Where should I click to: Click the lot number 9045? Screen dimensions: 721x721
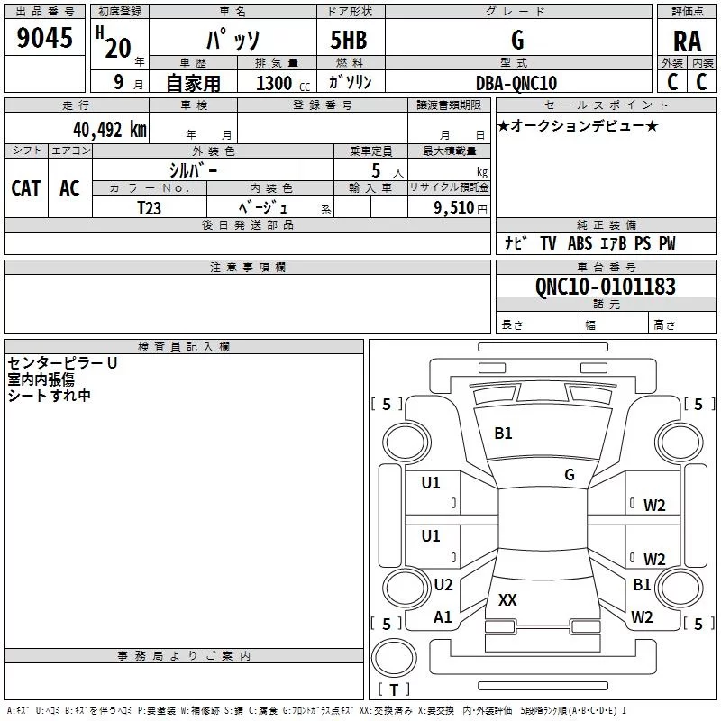tap(45, 39)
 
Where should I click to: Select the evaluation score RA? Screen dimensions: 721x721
tap(687, 40)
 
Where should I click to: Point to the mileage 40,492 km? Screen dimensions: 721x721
tap(109, 130)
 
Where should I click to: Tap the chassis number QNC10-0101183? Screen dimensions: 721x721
tap(606, 287)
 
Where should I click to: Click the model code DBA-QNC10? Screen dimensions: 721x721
tap(516, 83)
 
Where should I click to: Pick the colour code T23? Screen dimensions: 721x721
tap(151, 207)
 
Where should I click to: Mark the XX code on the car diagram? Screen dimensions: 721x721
tap(507, 599)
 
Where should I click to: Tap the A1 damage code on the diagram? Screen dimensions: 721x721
tap(443, 617)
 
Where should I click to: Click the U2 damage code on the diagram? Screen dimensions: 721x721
tap(443, 585)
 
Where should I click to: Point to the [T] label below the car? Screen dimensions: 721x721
tap(393, 690)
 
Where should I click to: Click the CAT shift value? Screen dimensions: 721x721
tap(25, 188)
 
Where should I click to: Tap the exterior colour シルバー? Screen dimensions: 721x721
tap(193, 170)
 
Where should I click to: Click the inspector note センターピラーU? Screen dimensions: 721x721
tap(62, 363)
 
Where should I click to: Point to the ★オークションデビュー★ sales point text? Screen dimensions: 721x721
tap(578, 126)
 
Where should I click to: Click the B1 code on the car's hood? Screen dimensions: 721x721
tap(503, 434)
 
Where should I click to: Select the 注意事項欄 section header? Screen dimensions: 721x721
tap(247, 268)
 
